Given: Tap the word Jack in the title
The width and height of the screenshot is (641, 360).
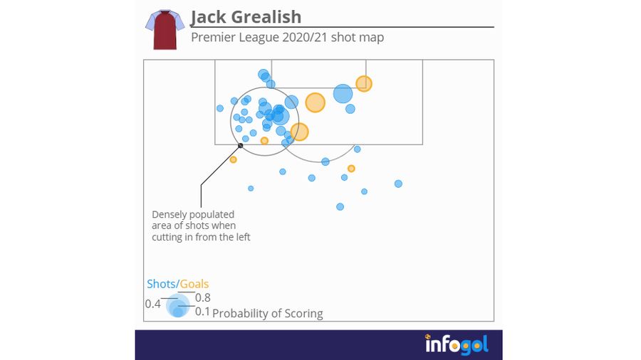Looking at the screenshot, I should pos(207,17).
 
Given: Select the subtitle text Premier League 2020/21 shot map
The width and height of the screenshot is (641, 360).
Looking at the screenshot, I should pos(287,37).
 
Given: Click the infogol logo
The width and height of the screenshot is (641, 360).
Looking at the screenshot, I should pos(457,345).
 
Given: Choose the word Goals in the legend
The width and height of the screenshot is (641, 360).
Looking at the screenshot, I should pos(194,284).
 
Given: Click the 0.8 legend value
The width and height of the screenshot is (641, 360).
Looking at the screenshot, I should pos(202,298).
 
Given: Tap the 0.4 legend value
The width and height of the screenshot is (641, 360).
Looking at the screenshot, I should pos(152,304).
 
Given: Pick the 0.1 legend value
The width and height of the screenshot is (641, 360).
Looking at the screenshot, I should pos(202,312).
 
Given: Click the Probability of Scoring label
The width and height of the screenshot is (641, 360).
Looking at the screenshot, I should pos(268,313).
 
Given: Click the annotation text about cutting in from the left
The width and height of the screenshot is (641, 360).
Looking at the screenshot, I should pos(201,226).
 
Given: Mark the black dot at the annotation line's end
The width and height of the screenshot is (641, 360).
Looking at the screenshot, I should pos(240,146).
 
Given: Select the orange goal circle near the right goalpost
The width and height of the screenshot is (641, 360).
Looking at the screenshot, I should pos(364,84).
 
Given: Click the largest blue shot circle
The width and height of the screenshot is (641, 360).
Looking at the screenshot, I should pos(343,94).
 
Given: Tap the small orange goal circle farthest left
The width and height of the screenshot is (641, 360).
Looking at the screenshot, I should pos(233,159).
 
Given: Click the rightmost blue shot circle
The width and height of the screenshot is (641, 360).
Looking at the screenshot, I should pos(398,184).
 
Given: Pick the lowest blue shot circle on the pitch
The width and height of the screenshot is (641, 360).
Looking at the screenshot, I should pos(340,207).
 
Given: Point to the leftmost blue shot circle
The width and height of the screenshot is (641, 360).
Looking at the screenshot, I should pos(220,108).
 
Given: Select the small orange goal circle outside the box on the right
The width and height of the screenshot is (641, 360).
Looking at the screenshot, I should pos(351,169).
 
